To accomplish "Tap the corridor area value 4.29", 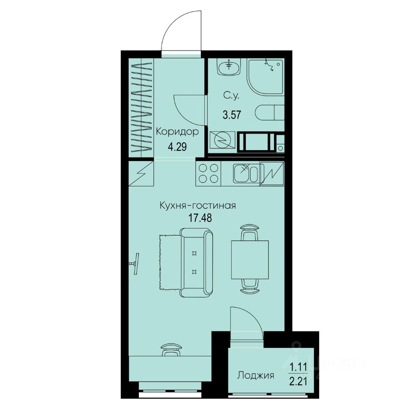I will [177, 147].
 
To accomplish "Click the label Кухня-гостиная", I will [198, 206].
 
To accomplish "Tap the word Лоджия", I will [255, 375].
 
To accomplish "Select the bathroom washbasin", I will [228, 67].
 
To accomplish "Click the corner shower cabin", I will [265, 76].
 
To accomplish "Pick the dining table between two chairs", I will [250, 260].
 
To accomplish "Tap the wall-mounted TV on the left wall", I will [135, 263].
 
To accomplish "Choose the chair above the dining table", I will [250, 232].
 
